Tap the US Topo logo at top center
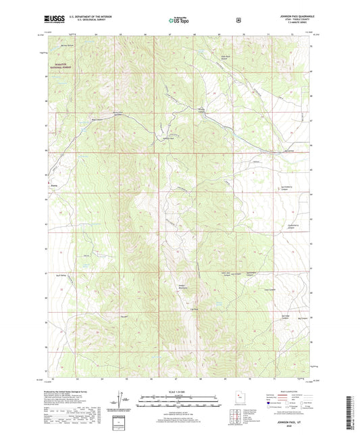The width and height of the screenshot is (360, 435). tap(180, 20)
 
